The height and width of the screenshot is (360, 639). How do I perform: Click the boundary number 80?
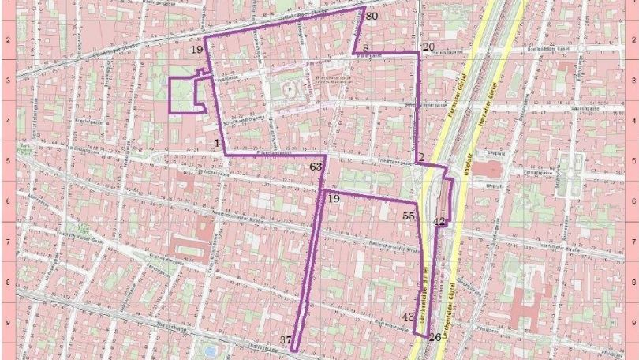click(372, 16)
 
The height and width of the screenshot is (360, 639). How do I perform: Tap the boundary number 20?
click(428, 47)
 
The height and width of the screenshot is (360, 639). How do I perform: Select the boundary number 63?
click(316, 167)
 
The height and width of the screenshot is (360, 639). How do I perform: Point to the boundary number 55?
click(409, 216)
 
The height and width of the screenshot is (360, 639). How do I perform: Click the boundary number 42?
click(439, 222)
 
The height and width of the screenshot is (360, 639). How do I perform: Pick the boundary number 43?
click(408, 317)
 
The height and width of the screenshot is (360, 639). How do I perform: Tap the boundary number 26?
click(435, 337)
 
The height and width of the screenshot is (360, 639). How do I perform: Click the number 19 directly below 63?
click(333, 199)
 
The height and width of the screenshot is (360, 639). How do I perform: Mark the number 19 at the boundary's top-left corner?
click(196, 50)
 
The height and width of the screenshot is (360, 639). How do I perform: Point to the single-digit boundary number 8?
click(366, 49)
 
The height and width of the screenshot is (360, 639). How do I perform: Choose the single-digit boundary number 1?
click(215, 142)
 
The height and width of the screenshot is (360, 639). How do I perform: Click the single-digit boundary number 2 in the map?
click(421, 156)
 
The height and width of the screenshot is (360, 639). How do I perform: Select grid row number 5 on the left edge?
click(7, 162)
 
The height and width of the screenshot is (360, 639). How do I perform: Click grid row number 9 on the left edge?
click(7, 322)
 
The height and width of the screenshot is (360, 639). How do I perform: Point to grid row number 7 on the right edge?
click(632, 242)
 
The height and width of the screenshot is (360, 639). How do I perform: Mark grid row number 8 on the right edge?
click(632, 283)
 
